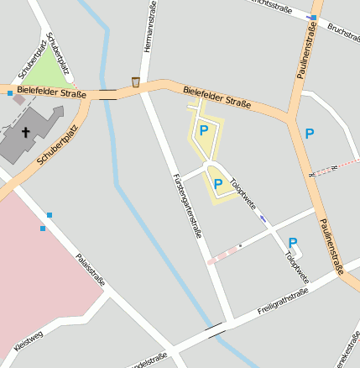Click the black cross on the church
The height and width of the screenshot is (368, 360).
coord(26,132)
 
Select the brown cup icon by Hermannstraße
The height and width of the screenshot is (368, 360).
coord(136,81)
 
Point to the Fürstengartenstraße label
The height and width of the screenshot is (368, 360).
coord(188,206)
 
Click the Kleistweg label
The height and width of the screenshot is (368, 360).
coord(29,341)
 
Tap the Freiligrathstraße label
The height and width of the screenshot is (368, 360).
coord(284,303)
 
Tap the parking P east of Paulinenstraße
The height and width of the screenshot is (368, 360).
coord(310,133)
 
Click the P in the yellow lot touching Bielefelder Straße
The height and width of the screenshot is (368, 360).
coord(203,130)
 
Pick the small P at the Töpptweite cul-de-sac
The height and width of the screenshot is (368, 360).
coord(293,242)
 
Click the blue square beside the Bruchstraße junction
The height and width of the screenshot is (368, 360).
coord(312,17)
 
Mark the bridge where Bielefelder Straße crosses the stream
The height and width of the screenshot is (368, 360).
coord(108,94)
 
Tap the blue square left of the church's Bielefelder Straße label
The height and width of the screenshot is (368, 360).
coord(10,93)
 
